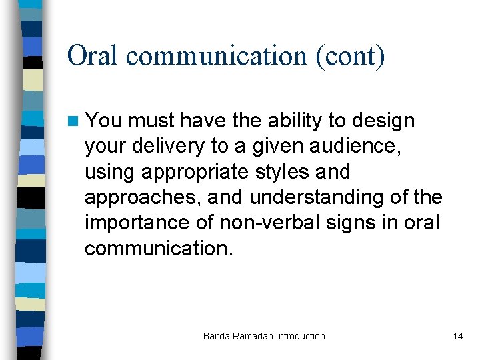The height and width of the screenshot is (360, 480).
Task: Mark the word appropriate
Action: point(202,172)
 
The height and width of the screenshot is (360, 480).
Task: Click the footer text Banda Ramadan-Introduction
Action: point(264,336)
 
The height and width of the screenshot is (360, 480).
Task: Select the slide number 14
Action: point(457,336)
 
